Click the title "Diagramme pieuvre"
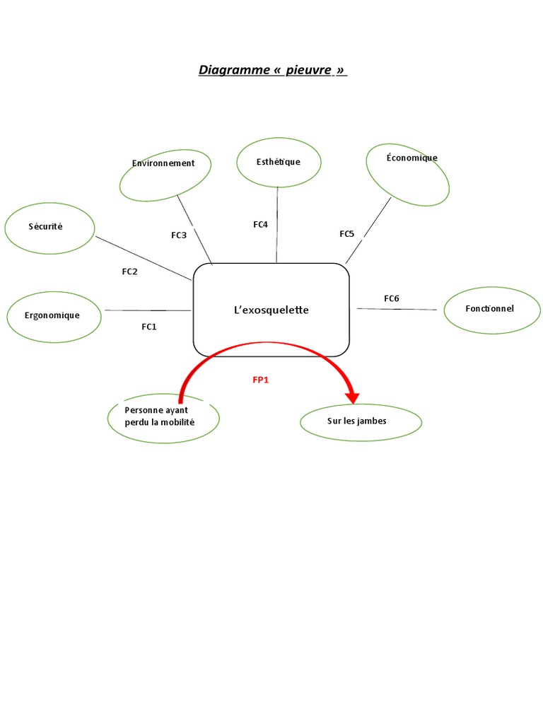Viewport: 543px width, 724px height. (x=273, y=70)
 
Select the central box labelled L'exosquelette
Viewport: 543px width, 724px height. (x=271, y=310)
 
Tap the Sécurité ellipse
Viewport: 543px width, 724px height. (x=49, y=228)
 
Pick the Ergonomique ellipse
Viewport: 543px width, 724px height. (x=54, y=316)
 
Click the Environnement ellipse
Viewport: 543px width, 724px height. (x=165, y=174)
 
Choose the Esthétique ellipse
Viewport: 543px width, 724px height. (x=278, y=163)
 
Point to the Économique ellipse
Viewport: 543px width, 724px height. (x=408, y=174)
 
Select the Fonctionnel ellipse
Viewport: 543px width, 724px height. (x=492, y=310)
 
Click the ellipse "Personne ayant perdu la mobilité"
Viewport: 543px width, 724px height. (x=163, y=417)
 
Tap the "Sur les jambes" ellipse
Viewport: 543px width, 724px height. (x=361, y=422)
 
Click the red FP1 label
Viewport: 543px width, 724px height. (x=261, y=380)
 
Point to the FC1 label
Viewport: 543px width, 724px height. (x=148, y=327)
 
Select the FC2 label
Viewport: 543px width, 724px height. (x=129, y=271)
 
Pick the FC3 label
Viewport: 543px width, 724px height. (x=179, y=235)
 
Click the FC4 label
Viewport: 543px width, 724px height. (x=261, y=224)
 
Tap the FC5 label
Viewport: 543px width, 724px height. (x=346, y=233)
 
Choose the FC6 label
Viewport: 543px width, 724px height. (x=392, y=298)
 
